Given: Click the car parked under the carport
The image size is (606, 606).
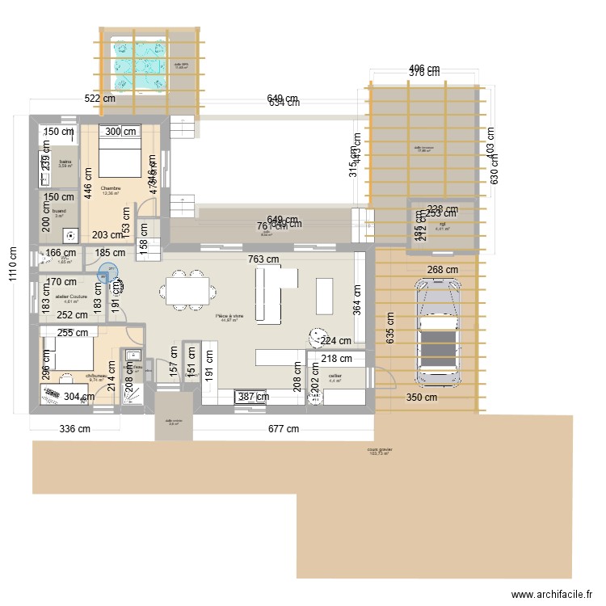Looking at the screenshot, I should point(438,331).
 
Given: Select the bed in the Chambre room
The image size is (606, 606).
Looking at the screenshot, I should point(122,154).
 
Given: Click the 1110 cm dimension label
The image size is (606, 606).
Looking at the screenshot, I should point(11,261).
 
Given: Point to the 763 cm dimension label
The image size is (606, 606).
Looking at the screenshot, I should point(263,259).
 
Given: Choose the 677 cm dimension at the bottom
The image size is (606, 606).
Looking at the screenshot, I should point(284,429).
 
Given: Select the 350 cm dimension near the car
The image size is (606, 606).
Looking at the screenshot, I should point(421,398).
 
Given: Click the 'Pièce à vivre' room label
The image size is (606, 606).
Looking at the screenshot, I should point(229,316).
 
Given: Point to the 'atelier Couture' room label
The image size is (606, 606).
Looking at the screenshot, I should point(71,297).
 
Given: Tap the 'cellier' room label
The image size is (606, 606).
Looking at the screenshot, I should point(335,376).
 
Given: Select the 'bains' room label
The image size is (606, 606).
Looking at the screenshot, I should point(65,162).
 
